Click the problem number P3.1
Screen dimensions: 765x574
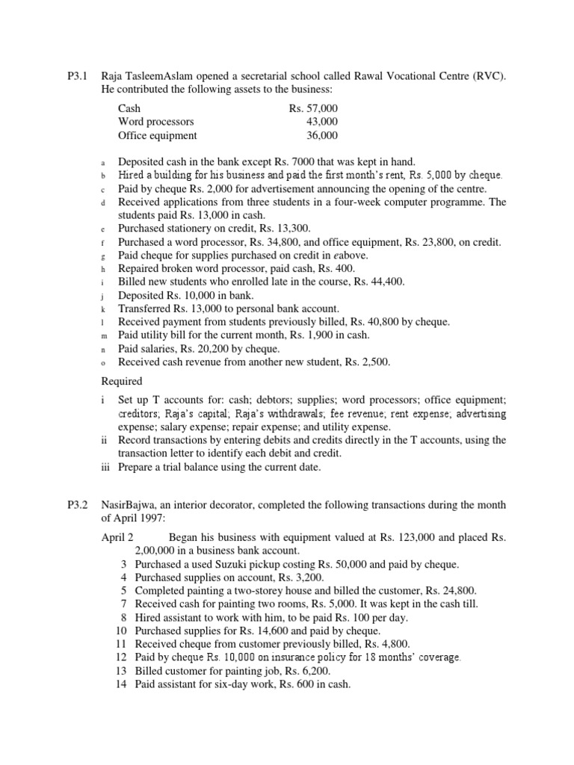tap(78, 76)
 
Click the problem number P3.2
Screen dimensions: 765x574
tap(78, 506)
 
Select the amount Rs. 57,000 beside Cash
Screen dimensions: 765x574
tap(313, 108)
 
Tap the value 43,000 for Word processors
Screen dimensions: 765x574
tap(322, 122)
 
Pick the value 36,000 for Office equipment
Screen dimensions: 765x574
tap(322, 135)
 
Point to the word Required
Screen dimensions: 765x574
tap(121, 381)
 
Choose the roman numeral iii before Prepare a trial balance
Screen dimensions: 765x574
tap(105, 467)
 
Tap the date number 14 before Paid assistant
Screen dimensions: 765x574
tap(122, 684)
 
